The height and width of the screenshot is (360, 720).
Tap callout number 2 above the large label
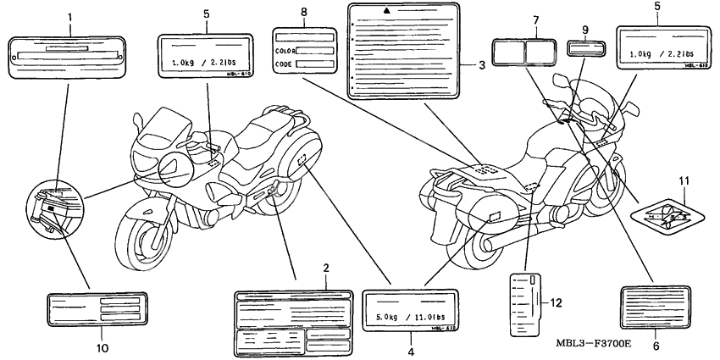pos(325,269)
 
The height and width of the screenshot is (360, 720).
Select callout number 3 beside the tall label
pos(482,65)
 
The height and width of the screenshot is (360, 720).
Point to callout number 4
pos(409,350)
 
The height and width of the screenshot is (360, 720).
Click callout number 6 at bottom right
pos(657,346)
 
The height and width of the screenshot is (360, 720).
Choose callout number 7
pos(535,19)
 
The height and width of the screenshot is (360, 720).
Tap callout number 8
pos(303,13)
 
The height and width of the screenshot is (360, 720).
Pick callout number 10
pos(100,347)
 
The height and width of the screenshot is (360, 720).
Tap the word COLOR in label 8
pos(283,49)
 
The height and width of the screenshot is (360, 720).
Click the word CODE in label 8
pos(283,64)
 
